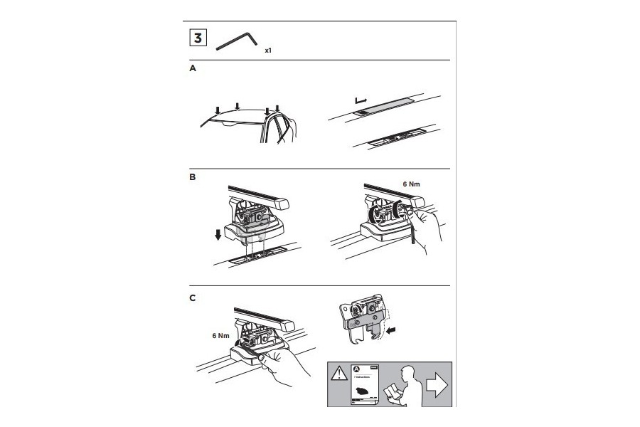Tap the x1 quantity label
pos(267,51)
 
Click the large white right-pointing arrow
pos(435,385)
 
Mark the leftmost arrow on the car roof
pos(218,110)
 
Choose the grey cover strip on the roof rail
pos(388,105)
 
